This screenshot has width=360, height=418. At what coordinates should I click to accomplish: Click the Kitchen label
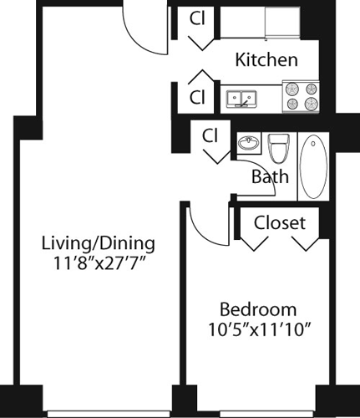(266, 60)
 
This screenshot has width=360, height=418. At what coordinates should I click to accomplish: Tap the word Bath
(270, 176)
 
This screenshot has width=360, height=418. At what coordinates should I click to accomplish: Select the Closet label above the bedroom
(279, 223)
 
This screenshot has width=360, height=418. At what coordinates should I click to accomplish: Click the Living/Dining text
(99, 243)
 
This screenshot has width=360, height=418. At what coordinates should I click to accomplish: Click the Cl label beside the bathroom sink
(210, 135)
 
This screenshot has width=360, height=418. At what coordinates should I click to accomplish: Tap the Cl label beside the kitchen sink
(198, 97)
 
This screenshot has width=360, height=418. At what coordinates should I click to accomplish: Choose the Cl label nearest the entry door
(198, 18)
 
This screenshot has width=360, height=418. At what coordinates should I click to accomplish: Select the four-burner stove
(302, 96)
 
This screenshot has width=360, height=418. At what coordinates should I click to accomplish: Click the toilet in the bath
(279, 149)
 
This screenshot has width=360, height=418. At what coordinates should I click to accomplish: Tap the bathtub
(315, 166)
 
